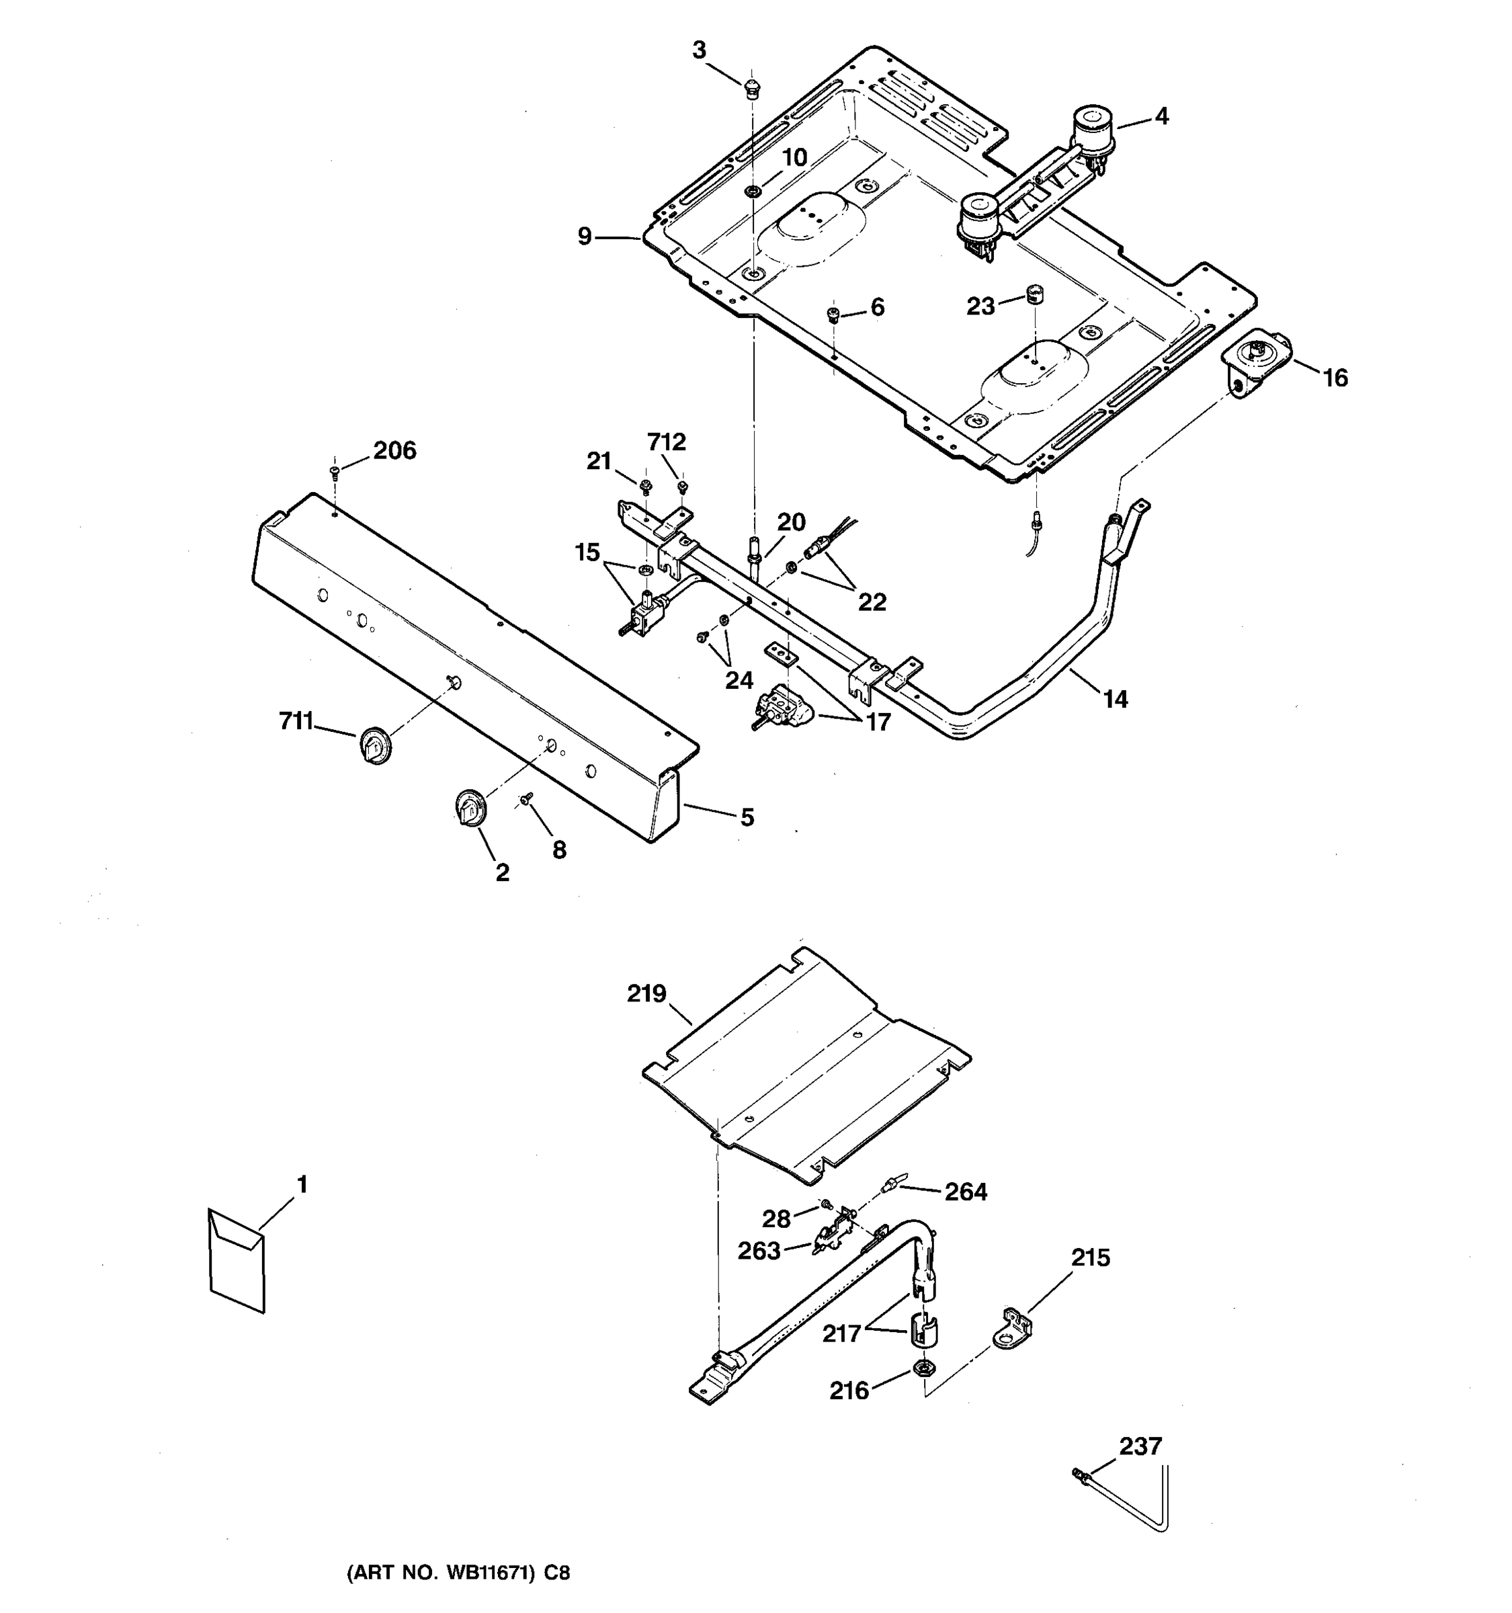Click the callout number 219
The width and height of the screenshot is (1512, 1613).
tap(646, 994)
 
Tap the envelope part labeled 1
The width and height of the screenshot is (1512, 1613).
tap(236, 1260)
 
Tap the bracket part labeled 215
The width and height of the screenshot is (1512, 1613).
tap(1011, 1328)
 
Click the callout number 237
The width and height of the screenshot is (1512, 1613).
tap(1140, 1446)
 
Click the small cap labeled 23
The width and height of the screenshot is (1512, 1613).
tap(1034, 294)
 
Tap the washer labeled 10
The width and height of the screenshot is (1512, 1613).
tap(753, 192)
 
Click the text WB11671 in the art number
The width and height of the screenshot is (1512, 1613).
tap(490, 1573)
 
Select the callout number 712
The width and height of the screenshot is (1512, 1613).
tap(666, 442)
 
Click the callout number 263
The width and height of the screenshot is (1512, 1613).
tap(759, 1250)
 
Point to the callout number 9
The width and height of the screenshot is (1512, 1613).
tap(585, 237)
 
